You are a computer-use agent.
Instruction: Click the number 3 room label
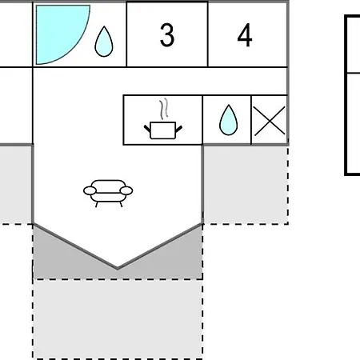167,35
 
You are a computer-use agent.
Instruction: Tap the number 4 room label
245,35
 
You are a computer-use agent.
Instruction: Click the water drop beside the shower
104,42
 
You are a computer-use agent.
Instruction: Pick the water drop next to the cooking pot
228,120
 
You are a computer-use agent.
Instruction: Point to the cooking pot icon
163,130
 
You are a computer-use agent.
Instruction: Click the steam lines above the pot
164,109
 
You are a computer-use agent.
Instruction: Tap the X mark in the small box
270,121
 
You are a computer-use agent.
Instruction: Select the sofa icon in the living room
108,193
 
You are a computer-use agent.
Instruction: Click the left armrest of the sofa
90,190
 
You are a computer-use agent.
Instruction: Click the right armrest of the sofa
126,190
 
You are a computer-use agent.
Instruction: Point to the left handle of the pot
147,128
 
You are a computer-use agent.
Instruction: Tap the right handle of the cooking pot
179,128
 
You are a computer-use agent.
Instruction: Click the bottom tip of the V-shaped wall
118,268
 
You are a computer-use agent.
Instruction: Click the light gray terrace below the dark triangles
118,319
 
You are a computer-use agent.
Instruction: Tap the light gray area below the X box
246,185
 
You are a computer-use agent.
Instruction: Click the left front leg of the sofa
97,204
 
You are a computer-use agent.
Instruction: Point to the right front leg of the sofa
121,204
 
